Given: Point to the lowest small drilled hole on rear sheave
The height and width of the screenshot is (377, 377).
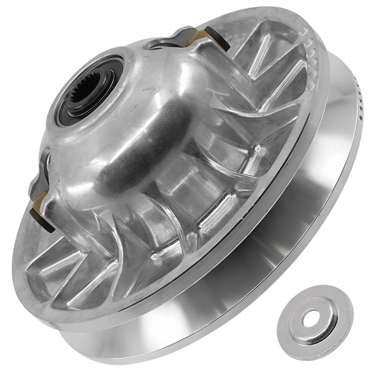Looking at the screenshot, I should (360, 117).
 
